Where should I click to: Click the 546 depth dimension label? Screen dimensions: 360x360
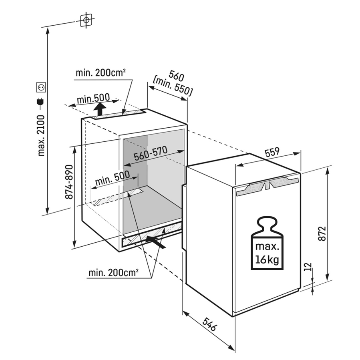pyautogui.click(x=209, y=324)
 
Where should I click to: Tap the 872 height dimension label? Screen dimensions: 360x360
pyautogui.click(x=322, y=233)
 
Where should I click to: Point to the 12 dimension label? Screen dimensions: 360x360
pyautogui.click(x=309, y=266)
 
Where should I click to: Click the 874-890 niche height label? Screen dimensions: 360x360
pyautogui.click(x=69, y=182)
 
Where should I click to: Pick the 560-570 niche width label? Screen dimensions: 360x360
pyautogui.click(x=151, y=153)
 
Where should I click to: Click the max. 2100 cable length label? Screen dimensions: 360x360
pyautogui.click(x=41, y=136)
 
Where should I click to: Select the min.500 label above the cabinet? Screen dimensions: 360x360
pyautogui.click(x=93, y=98)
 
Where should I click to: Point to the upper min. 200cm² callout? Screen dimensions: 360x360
pyautogui.click(x=101, y=72)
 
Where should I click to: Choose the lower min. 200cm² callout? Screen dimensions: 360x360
pyautogui.click(x=113, y=273)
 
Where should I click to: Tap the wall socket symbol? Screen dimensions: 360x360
pyautogui.click(x=41, y=87)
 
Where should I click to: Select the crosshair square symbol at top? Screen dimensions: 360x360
pyautogui.click(x=86, y=20)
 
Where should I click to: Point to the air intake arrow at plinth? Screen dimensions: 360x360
pyautogui.click(x=155, y=242)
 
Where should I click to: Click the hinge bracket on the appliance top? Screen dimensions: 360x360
pyautogui.click(x=267, y=185)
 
